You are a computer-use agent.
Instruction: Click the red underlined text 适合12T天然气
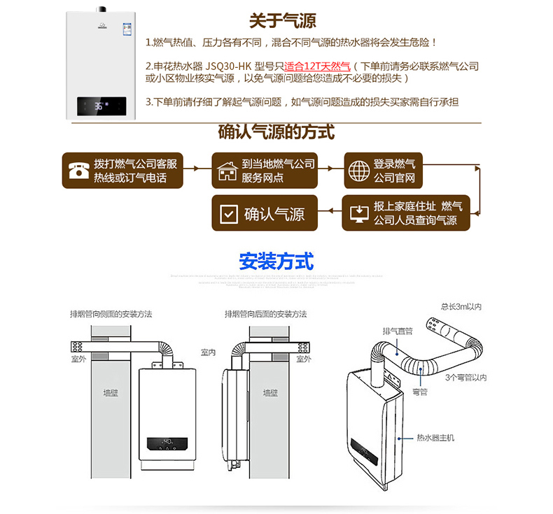pos(316,66)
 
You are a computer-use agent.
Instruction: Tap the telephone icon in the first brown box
pos(78,171)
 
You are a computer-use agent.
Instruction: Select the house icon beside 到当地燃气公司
pos(227,171)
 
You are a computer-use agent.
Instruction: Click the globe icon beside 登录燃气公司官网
pos(358,171)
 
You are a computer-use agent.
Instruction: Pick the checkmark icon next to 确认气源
pos(229,213)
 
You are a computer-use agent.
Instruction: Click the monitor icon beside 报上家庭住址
pos(358,213)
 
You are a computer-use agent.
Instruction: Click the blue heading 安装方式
pos(276,262)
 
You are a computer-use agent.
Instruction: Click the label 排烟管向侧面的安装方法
pos(111,314)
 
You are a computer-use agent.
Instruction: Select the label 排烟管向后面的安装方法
pos(265,314)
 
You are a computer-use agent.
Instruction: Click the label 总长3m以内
pos(461,306)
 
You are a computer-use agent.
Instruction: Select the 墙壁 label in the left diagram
pos(111,393)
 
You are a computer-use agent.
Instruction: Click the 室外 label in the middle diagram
pos(303,359)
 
